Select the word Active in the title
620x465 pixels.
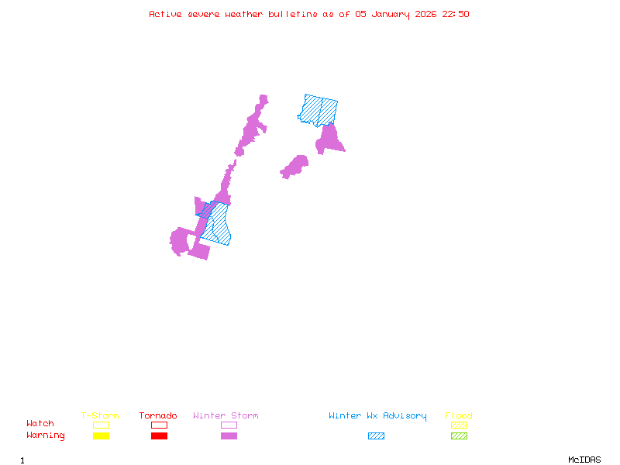(166, 14)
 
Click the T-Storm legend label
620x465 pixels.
(100, 415)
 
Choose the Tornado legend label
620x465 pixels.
(158, 415)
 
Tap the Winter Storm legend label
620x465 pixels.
(226, 415)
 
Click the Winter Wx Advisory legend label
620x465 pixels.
(377, 415)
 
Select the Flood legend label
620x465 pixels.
(459, 415)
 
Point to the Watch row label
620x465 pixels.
(40, 424)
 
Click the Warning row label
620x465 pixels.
(46, 436)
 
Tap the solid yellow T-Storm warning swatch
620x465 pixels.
(101, 436)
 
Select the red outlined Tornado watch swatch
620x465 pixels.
(159, 425)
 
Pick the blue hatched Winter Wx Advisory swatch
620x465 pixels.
(376, 436)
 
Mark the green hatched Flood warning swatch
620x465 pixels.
(459, 436)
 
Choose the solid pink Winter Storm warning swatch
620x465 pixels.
(229, 436)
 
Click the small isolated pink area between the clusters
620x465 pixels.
(294, 166)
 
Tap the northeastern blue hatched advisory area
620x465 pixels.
(319, 110)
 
